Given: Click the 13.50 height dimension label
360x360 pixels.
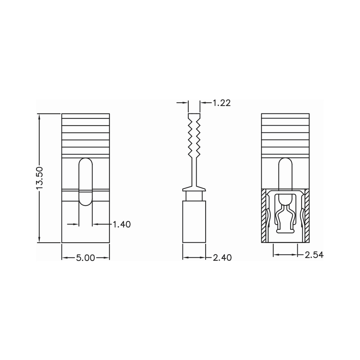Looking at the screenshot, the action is click(39, 178).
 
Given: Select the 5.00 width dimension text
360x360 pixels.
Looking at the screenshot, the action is click(85, 258).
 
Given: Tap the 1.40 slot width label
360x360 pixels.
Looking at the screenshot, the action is click(122, 224).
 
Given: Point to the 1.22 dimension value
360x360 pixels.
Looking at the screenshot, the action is click(221, 103).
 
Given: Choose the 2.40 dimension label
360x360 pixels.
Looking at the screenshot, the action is click(222, 258).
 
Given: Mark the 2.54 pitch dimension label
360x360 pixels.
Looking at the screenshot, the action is click(314, 255).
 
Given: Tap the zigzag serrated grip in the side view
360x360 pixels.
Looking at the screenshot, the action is click(194, 136).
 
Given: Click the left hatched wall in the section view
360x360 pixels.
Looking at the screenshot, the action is click(264, 216).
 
